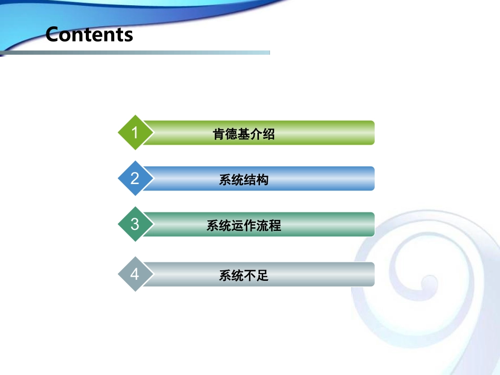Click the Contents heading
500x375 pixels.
[x=89, y=35]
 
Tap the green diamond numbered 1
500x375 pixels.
[x=135, y=133]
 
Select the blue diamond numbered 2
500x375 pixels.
[x=135, y=178]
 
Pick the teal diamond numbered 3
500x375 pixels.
[x=135, y=225]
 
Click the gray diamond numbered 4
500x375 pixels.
[x=135, y=274]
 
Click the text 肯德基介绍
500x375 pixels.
[x=244, y=134]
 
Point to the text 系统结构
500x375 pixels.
[x=244, y=180]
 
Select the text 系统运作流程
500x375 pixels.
[x=244, y=226]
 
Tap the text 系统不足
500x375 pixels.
[x=244, y=276]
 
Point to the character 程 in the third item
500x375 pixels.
[x=275, y=226]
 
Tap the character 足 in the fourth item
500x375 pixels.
[x=263, y=276]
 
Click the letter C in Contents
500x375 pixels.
[x=54, y=35]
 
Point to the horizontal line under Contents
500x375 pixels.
[x=158, y=53]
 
